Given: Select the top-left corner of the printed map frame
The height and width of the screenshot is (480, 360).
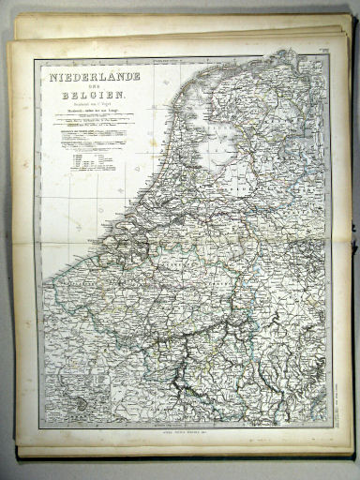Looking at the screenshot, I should point(36,58).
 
